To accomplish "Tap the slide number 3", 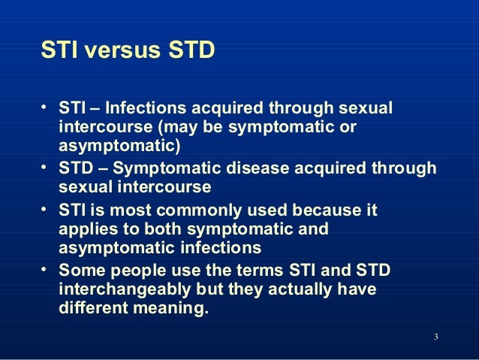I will tap(436, 335).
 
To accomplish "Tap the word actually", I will tap(294, 289).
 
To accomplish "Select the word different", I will tap(90, 307).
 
